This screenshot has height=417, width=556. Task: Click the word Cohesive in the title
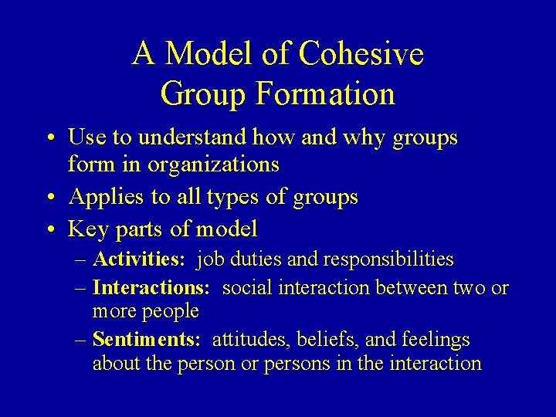(x=361, y=54)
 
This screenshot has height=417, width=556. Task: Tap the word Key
(x=86, y=229)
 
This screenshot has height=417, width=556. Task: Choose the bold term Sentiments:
(x=147, y=340)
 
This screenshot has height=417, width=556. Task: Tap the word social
(x=247, y=288)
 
